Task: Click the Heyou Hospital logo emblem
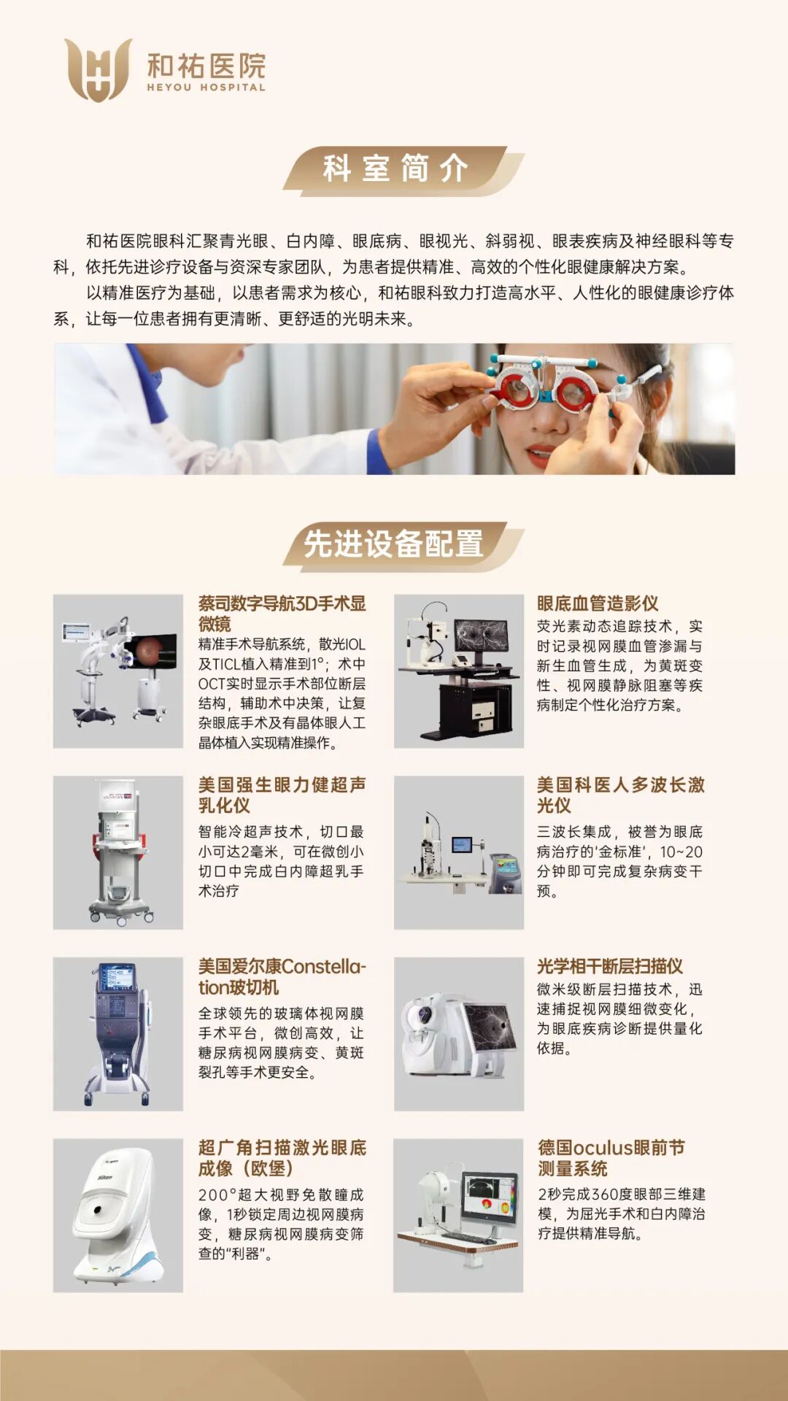[x=98, y=69]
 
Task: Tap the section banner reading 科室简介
[x=403, y=170]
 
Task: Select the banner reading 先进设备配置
[x=403, y=545]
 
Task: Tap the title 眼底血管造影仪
[x=598, y=603]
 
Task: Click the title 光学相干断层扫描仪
[x=610, y=967]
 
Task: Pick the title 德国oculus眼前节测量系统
[x=611, y=1158]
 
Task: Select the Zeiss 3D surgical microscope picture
[x=118, y=671]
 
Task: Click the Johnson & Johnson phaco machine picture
[x=118, y=852]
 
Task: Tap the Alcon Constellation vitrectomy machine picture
[x=118, y=1034]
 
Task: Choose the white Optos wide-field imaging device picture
[x=118, y=1216]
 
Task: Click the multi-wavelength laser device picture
[x=459, y=852]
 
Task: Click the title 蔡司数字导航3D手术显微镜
[x=282, y=614]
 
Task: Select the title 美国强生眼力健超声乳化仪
[x=282, y=795]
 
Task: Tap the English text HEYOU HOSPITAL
[x=206, y=88]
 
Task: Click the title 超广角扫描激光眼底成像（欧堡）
[x=282, y=1158]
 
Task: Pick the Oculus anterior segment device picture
[x=458, y=1216]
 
